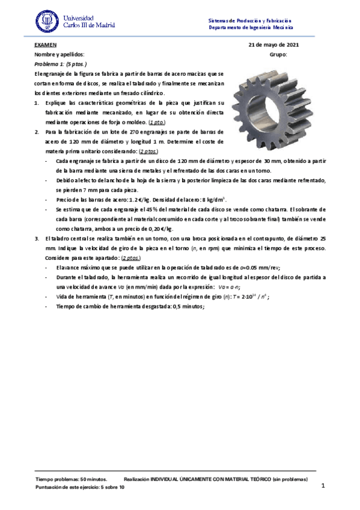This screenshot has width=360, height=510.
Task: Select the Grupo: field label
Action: [279, 54]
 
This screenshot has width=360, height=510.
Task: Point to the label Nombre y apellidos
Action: [55, 54]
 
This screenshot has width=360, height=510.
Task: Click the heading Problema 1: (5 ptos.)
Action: [60, 63]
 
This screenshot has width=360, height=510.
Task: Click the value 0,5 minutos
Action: [186, 306]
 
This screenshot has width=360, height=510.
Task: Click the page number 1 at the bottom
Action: [323, 486]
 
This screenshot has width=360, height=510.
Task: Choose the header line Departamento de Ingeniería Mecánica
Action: [251, 28]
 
